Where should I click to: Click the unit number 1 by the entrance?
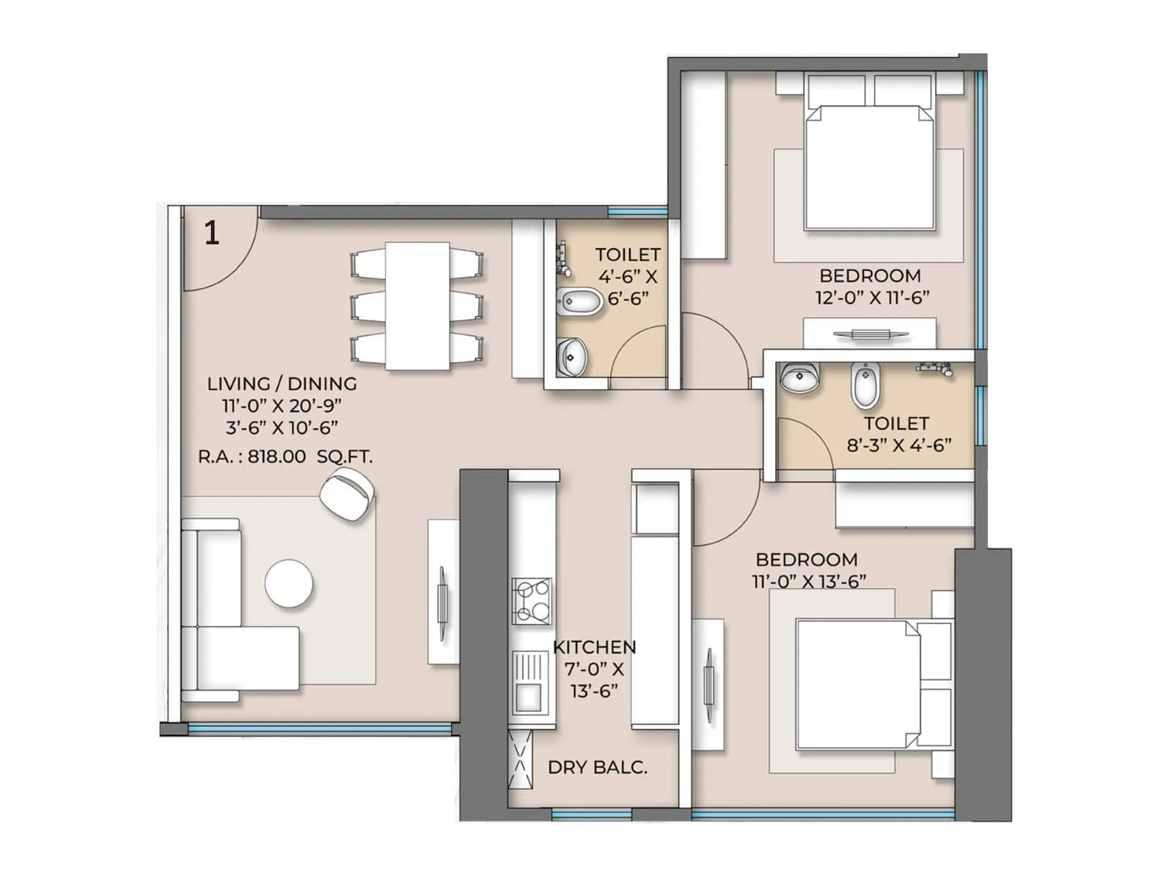click(212, 233)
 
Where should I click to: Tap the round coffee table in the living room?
click(289, 584)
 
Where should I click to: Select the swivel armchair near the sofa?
click(347, 494)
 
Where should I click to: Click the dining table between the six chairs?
click(417, 306)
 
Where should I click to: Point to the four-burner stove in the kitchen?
click(531, 601)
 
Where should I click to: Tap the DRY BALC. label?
click(597, 767)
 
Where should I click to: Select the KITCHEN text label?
click(594, 647)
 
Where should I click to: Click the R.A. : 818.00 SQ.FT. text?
click(285, 457)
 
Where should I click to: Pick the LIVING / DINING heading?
click(282, 383)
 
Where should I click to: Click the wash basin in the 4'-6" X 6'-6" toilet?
click(572, 356)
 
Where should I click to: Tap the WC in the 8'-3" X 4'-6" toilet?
click(866, 385)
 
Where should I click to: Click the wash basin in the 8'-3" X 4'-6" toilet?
click(799, 378)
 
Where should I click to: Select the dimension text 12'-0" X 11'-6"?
click(872, 298)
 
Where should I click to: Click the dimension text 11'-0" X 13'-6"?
click(809, 581)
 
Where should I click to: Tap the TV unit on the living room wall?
click(442, 593)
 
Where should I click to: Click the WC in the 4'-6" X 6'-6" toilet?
click(580, 301)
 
